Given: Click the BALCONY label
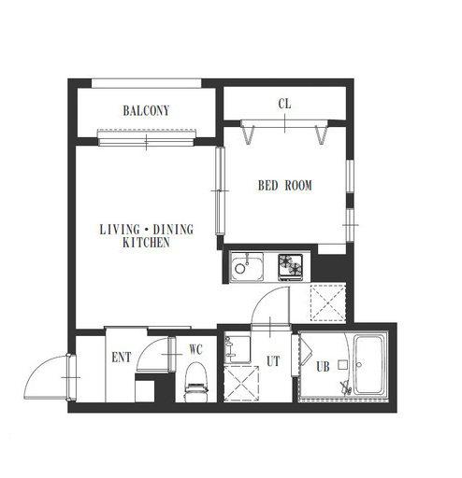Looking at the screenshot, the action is click(146, 111).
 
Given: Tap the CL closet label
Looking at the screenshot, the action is click(284, 104).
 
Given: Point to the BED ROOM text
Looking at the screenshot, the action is click(285, 186).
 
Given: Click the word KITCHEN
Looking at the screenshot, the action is click(146, 243).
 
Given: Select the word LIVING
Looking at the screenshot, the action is click(120, 230).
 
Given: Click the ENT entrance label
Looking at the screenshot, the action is click(122, 358).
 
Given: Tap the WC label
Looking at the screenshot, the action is click(195, 349).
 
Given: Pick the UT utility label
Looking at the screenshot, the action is click(273, 361).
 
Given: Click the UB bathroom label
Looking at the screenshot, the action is click(323, 367).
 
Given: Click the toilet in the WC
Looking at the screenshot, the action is click(195, 382).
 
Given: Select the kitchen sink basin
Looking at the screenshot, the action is click(246, 266).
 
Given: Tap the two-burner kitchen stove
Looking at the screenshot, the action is click(291, 266).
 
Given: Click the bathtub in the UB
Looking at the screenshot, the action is click(369, 364).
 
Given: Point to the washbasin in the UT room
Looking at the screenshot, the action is click(237, 349).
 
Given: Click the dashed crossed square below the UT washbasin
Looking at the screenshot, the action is click(241, 383).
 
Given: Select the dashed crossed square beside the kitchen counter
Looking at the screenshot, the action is click(328, 302).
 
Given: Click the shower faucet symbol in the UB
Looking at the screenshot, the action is click(346, 387).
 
